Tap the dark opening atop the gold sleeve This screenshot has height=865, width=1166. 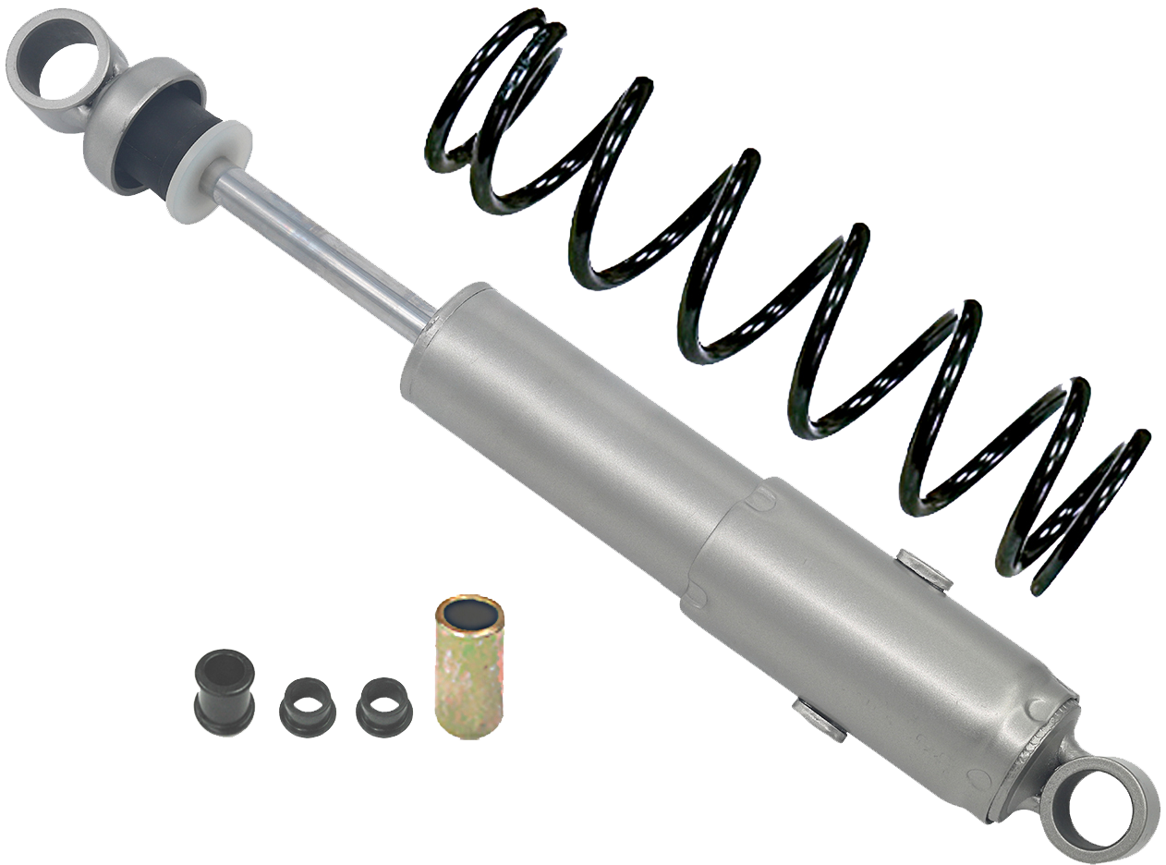[x=469, y=613]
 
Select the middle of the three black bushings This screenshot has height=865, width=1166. [x=308, y=707]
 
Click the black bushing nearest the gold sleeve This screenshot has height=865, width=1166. [x=383, y=707]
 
